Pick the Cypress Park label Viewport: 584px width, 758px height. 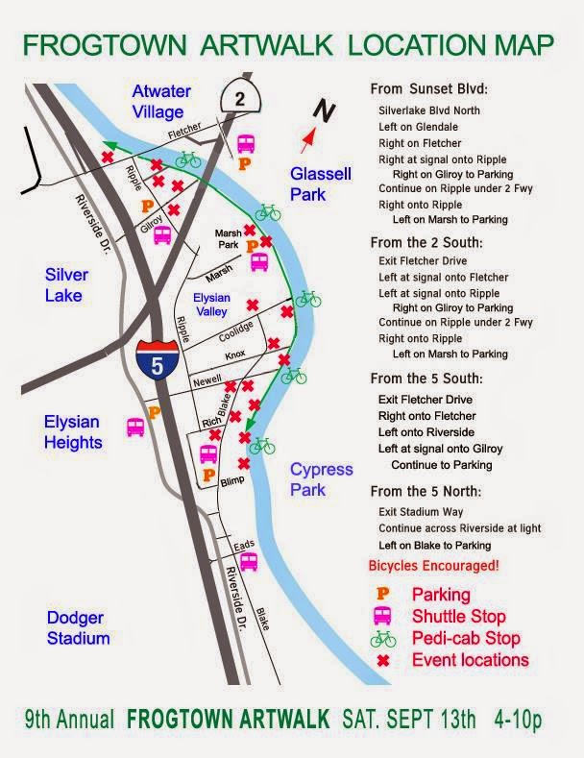[x=322, y=479]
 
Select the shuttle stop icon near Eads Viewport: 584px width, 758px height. [x=248, y=560]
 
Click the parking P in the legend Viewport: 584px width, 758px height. [x=381, y=595]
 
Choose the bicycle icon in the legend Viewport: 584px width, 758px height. [x=382, y=638]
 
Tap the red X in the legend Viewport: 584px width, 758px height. [x=382, y=660]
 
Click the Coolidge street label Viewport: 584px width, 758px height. [x=235, y=332]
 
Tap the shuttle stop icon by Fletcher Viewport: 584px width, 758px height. [x=246, y=143]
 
